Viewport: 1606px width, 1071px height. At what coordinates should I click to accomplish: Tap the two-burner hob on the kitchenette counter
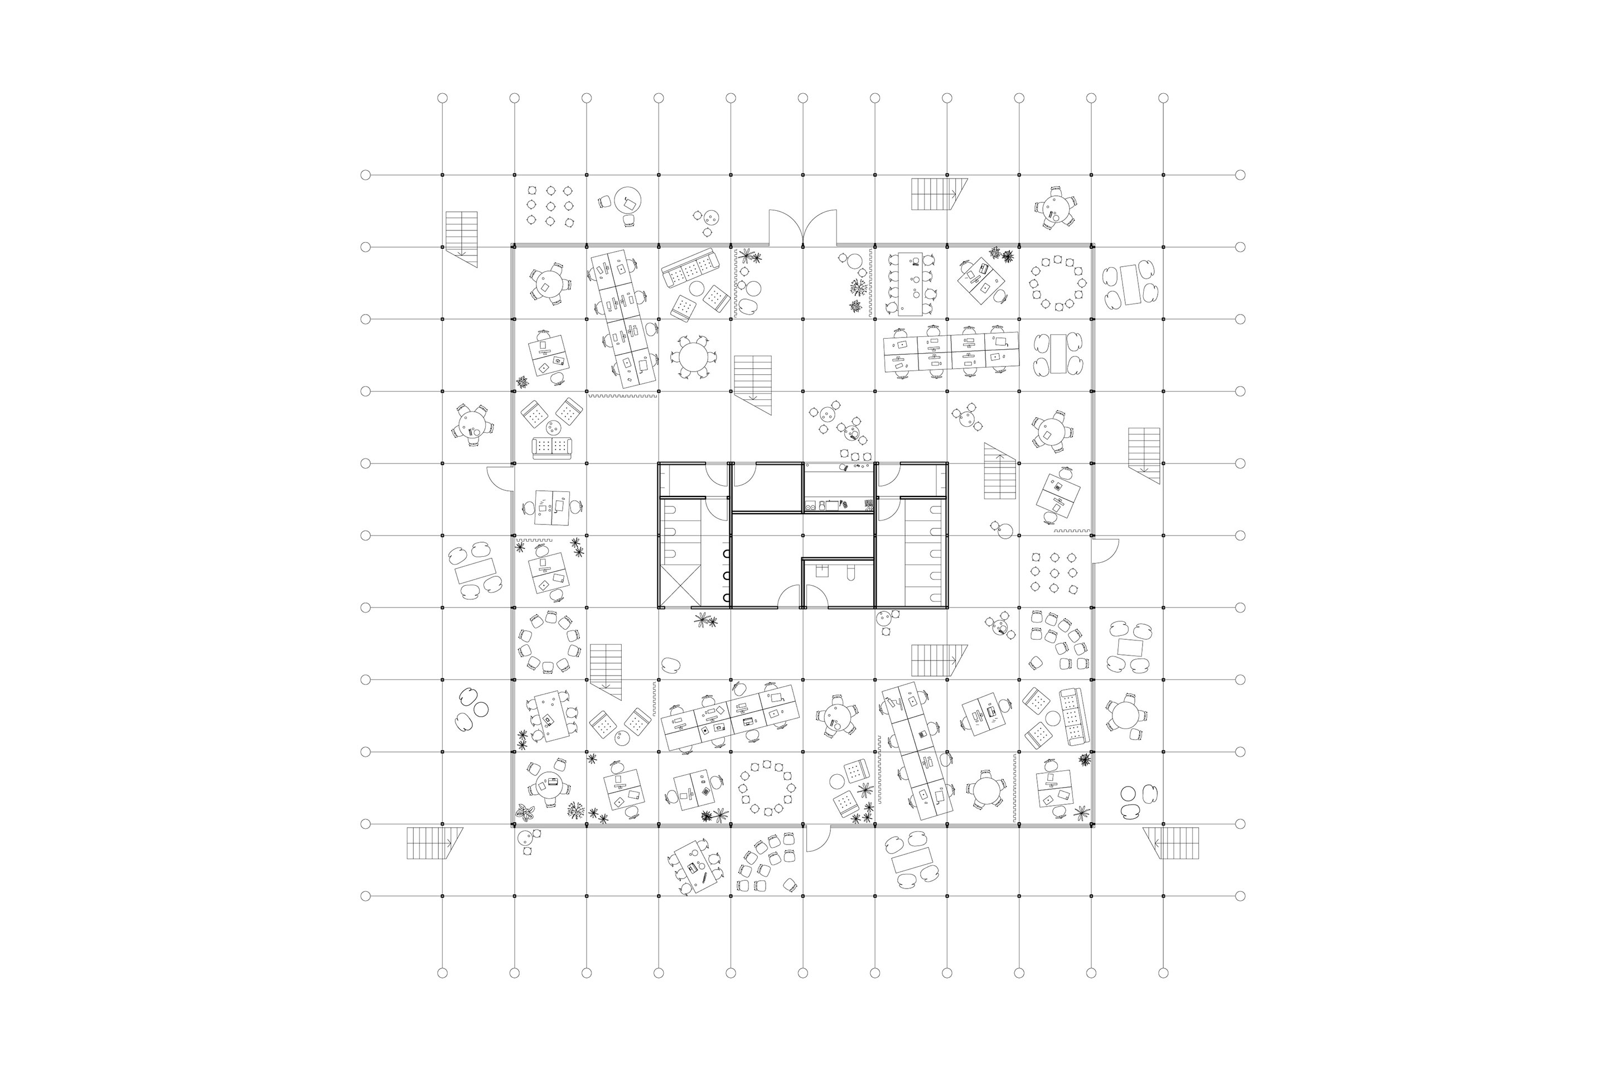[812, 505]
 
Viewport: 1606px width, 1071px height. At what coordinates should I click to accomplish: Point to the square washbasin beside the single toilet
[821, 571]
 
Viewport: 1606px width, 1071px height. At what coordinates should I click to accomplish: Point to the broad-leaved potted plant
[524, 812]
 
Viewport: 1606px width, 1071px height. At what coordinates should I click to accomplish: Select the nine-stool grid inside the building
[1053, 572]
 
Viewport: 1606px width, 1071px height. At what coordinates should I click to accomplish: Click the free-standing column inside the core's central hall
[803, 535]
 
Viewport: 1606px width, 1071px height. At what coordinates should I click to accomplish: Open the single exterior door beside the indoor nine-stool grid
[1104, 551]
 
